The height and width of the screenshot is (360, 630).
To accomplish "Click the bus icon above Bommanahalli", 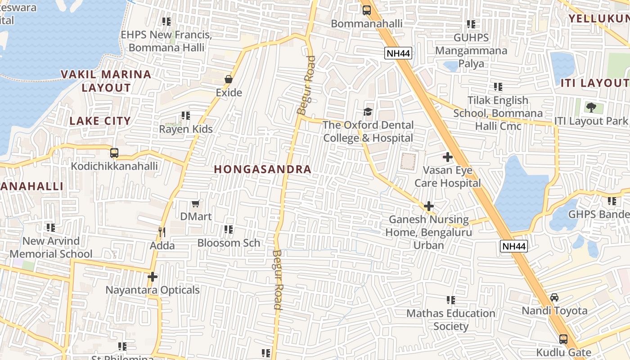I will (x=367, y=10).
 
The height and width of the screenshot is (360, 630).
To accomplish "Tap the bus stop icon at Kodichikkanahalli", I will (x=114, y=153).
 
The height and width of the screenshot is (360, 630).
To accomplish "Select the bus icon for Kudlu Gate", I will (x=563, y=339).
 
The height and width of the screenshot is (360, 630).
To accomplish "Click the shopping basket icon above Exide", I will (x=229, y=79).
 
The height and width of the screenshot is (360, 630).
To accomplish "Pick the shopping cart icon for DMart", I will (x=195, y=204).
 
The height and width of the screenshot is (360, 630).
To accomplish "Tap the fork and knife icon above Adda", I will (x=162, y=232).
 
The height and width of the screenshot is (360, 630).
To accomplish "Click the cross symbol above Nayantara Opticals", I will (x=153, y=277).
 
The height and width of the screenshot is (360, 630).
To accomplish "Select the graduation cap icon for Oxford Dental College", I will (x=368, y=112).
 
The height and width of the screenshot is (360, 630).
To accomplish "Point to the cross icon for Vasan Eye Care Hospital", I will (x=448, y=157).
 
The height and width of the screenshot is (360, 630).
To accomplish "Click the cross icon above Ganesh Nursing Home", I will (x=429, y=207).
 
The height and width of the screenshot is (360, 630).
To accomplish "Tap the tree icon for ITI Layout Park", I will (x=591, y=108).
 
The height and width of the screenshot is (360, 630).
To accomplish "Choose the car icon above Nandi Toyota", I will (x=554, y=297).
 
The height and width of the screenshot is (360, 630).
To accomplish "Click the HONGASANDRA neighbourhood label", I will (x=262, y=169).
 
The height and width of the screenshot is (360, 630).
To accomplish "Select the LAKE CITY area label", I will (x=100, y=121).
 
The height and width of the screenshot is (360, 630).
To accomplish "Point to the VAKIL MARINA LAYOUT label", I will (x=106, y=81).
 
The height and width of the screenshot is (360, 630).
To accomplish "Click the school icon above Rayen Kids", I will (x=186, y=116).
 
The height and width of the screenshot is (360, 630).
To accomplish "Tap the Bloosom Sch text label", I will (x=229, y=243).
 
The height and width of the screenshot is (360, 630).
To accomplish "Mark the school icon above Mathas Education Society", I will (x=450, y=300).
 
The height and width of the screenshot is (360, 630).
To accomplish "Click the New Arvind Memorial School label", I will (x=51, y=247).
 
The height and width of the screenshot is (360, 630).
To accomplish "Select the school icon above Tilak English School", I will (x=498, y=87).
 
